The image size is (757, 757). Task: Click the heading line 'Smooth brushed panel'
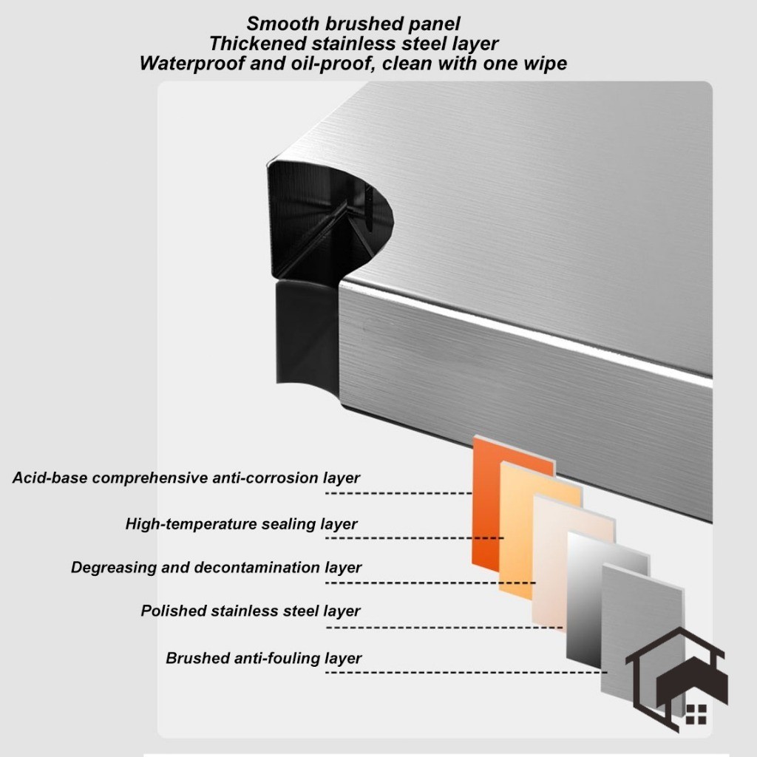353,24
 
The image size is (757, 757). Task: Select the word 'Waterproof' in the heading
185,64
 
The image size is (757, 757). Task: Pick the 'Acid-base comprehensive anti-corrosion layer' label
186,478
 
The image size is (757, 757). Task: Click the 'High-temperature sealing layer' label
241,524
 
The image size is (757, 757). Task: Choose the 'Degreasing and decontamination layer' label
216,568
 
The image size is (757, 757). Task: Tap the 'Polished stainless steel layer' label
251,611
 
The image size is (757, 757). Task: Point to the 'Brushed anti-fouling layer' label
264,658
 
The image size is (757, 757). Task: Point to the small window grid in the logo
696,714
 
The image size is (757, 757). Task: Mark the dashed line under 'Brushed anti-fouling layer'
466,672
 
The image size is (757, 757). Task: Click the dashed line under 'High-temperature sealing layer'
414,537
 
